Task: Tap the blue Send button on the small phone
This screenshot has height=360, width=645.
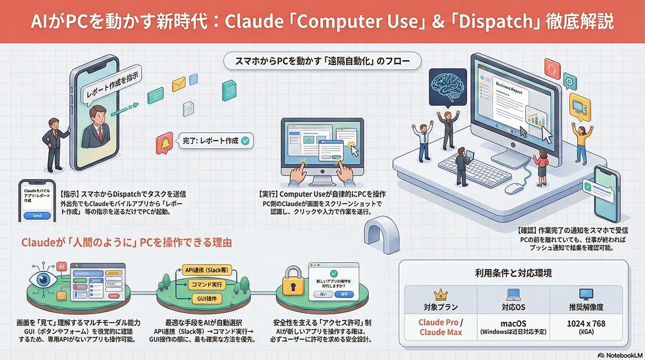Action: (37, 215)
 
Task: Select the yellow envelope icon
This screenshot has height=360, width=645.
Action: (178, 85)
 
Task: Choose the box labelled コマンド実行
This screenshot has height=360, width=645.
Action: (206, 284)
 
